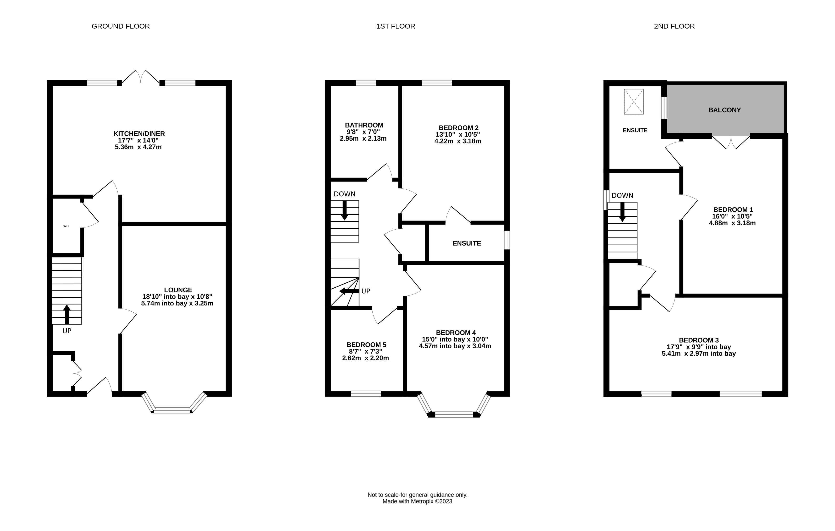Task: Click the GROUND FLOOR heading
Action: [x=121, y=26]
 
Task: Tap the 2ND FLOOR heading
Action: [x=674, y=26]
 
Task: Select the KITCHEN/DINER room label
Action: [x=139, y=134]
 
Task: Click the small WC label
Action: [x=66, y=226]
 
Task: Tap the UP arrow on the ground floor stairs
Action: [x=67, y=315]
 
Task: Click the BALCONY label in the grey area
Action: [x=724, y=110]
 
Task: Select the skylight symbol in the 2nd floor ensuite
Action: [x=634, y=102]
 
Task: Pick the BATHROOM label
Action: [x=364, y=125]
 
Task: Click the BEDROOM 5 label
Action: [x=366, y=345]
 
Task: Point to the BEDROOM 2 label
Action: [x=458, y=128]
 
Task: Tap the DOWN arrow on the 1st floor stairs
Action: [x=345, y=210]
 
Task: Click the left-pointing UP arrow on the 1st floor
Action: [x=349, y=291]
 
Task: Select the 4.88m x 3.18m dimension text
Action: [x=732, y=223]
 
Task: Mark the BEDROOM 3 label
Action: [x=699, y=340]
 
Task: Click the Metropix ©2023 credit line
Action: [x=418, y=501]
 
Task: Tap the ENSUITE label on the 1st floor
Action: [x=467, y=244]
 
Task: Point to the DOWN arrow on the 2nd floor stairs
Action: [x=622, y=212]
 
